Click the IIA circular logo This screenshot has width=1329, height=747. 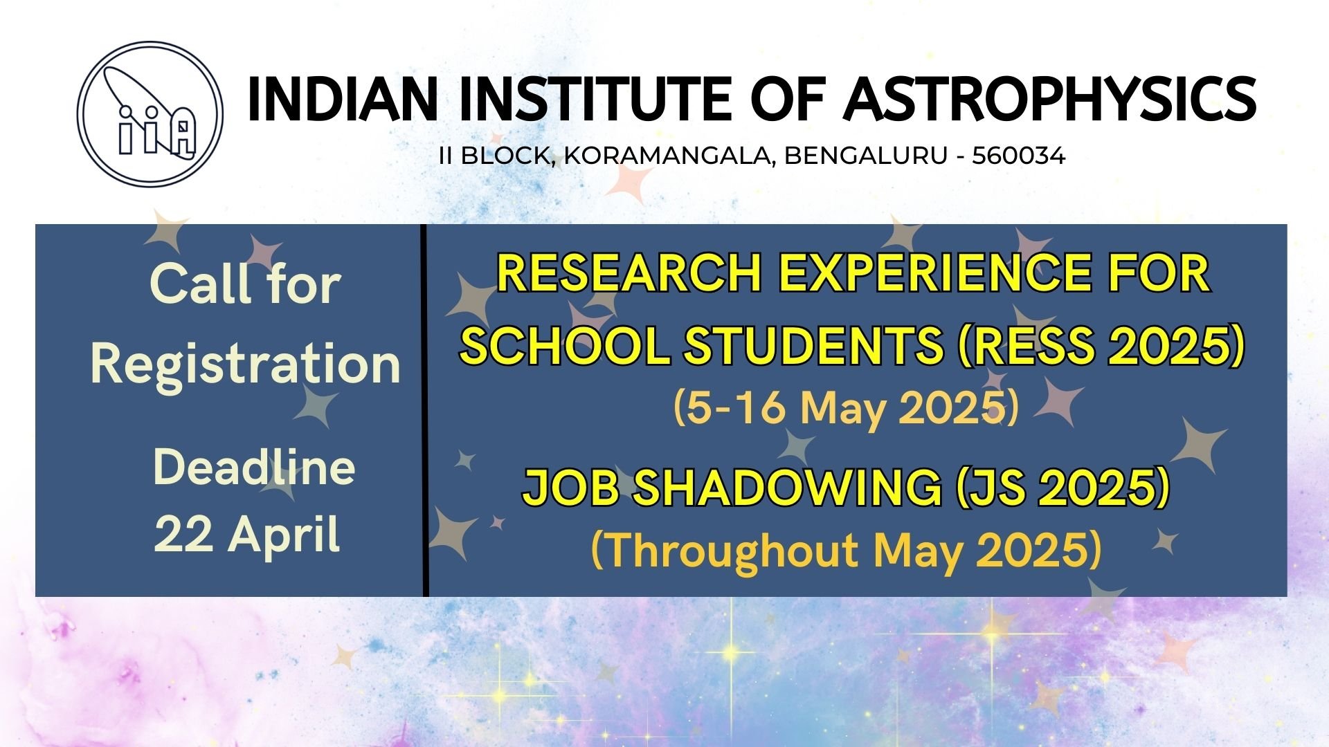150,114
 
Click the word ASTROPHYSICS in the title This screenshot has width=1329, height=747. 1049,100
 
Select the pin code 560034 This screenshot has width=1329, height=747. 1018,156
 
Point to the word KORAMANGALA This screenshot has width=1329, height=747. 667,156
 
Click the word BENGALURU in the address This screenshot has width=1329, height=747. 865,156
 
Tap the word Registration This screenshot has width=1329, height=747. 245,365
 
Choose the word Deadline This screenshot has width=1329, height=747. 254,468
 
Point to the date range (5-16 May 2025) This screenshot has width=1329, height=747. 846,407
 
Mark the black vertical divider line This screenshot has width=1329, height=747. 425,410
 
